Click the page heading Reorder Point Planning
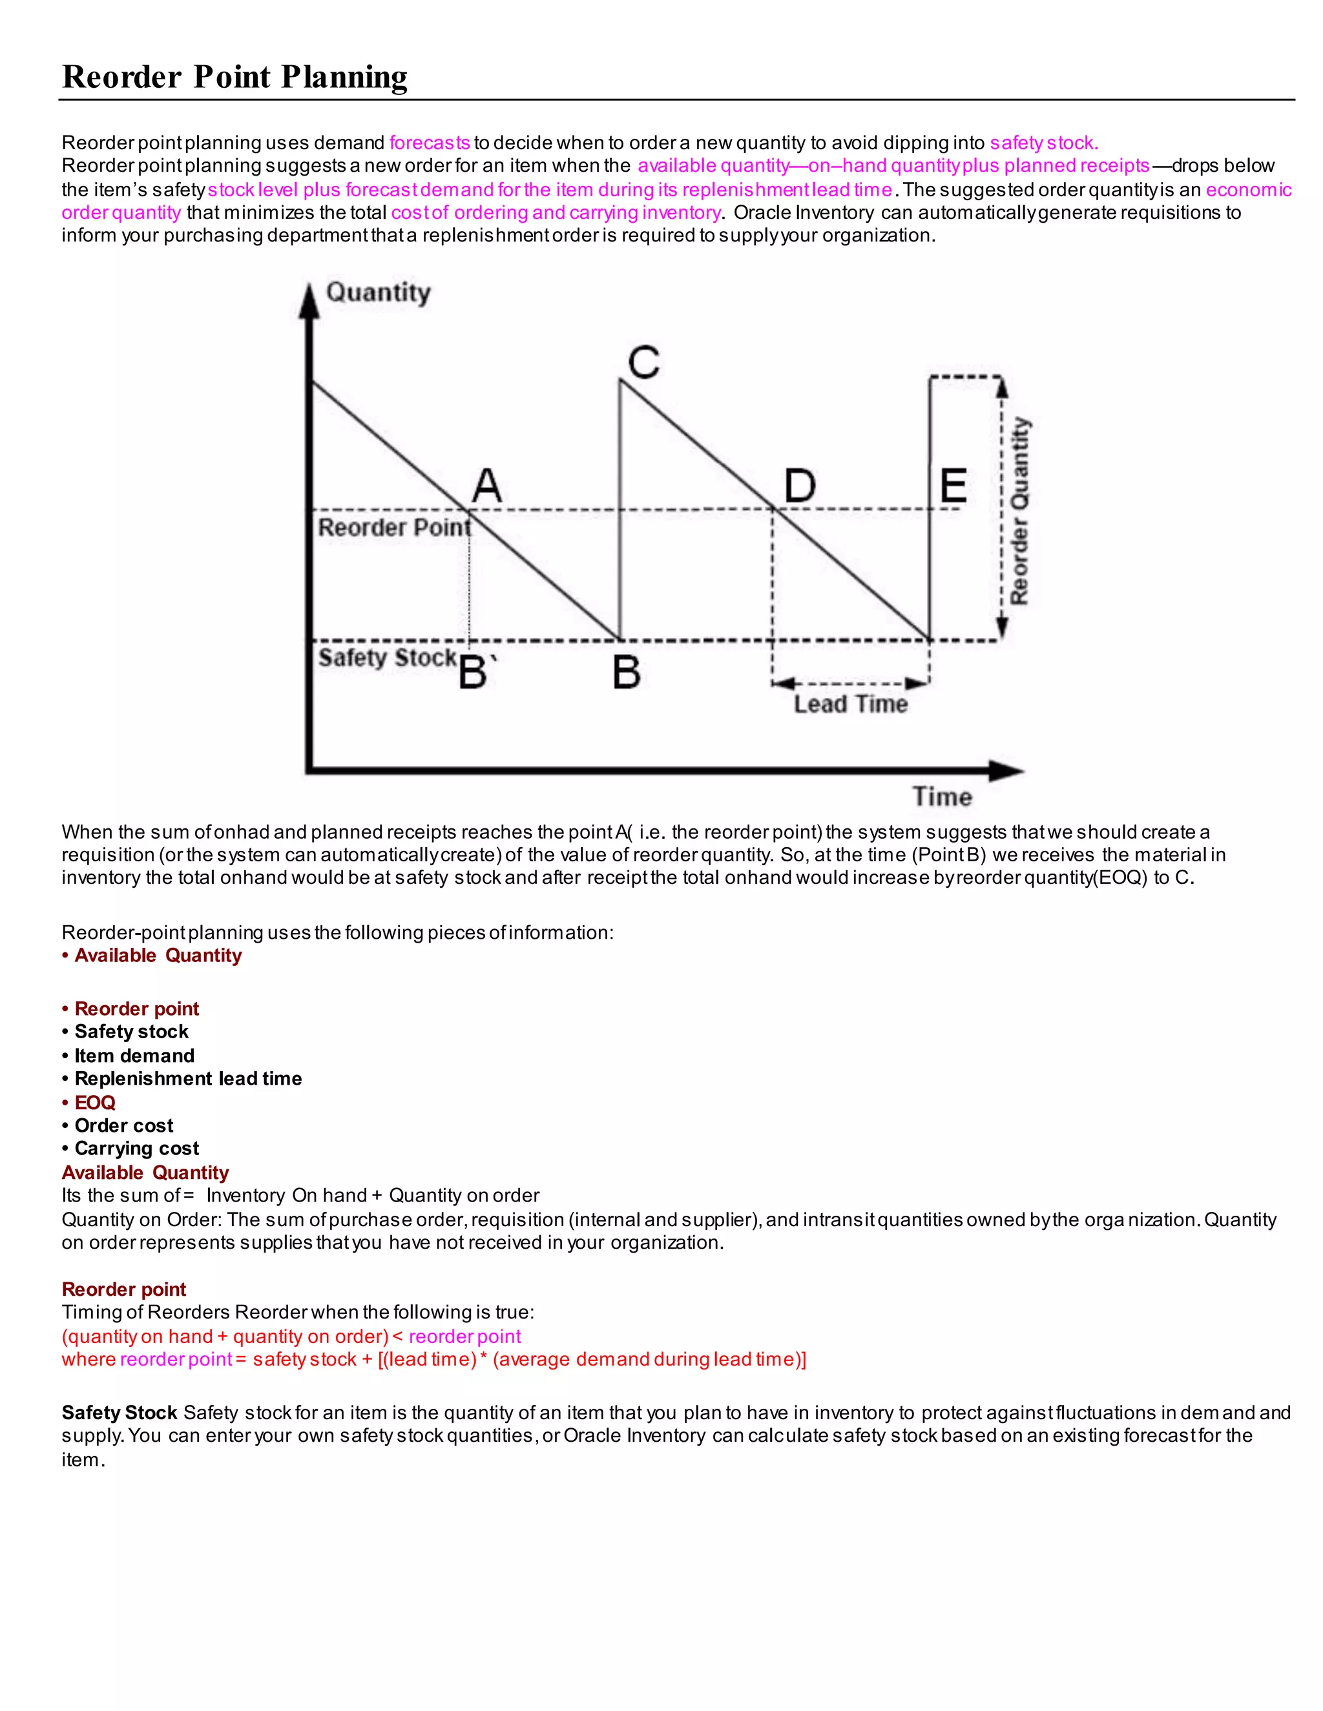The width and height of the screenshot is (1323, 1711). click(234, 77)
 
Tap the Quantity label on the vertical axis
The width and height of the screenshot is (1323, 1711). click(378, 292)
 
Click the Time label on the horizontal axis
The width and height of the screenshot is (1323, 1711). click(942, 797)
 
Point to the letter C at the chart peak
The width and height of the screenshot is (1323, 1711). click(643, 363)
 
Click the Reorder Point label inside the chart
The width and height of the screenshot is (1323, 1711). click(394, 528)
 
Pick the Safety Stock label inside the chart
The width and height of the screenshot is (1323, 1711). click(387, 657)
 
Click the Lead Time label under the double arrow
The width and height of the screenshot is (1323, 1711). click(850, 704)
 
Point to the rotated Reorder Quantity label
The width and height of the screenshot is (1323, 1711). click(1019, 511)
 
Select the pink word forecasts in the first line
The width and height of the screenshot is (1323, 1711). click(430, 143)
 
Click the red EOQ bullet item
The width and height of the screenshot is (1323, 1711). click(94, 1102)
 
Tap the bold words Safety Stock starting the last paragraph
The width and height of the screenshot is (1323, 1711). click(119, 1413)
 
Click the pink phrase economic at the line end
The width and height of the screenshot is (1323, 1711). click(1248, 190)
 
